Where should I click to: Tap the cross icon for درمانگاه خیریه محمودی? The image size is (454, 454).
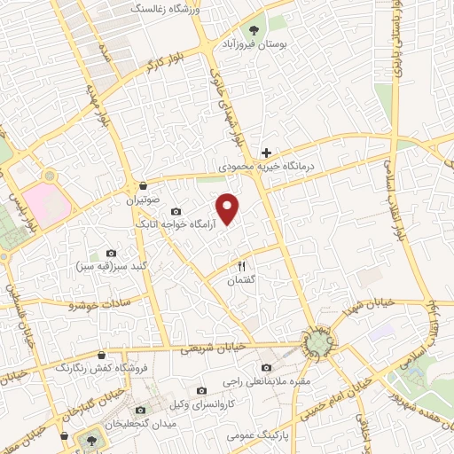click(266, 153)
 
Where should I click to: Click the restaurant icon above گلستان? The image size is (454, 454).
click(241, 266)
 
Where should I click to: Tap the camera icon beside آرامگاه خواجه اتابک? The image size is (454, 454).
click(176, 212)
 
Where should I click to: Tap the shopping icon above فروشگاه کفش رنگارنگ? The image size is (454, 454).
click(101, 354)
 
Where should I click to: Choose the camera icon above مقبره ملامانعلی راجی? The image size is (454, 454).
click(266, 368)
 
